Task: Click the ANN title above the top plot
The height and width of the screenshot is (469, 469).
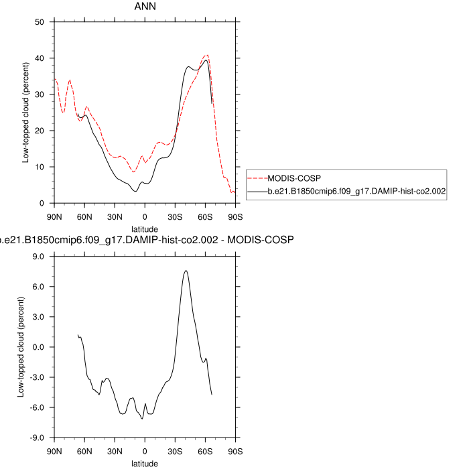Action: point(145,7)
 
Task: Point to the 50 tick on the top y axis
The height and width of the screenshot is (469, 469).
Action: point(40,22)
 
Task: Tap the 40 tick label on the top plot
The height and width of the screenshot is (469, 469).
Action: point(40,58)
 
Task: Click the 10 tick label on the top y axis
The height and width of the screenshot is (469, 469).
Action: point(40,167)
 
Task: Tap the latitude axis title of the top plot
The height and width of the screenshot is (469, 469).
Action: point(145,228)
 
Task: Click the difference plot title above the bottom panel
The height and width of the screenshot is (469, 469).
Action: point(147,239)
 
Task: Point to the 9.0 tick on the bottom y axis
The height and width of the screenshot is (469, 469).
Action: point(38,257)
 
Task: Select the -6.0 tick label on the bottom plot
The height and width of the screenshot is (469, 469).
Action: point(37,407)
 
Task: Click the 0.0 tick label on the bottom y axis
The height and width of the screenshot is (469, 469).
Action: point(38,347)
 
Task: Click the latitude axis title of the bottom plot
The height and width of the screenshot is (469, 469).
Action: point(145,463)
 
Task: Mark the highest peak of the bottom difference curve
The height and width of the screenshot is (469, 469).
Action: point(186,271)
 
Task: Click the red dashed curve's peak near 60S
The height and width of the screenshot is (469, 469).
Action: point(208,55)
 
